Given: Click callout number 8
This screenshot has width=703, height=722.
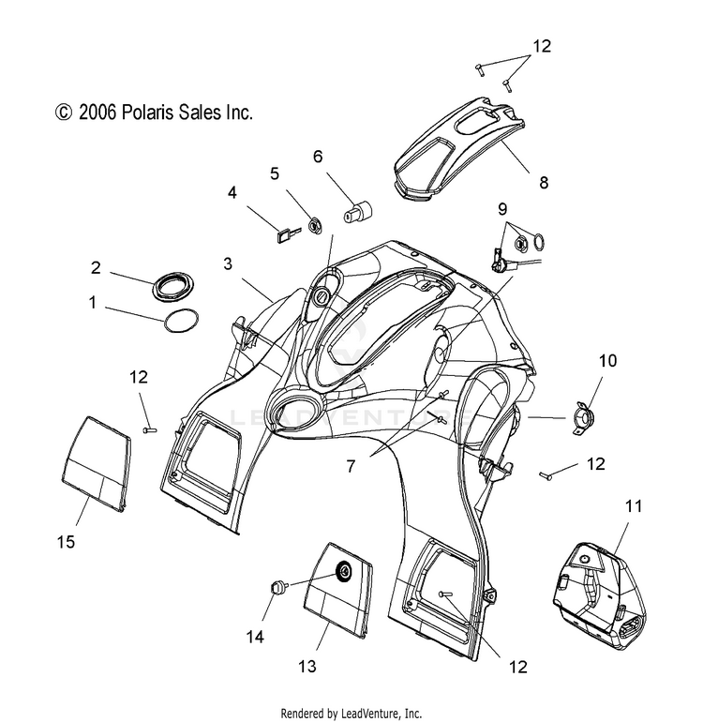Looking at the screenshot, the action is [x=544, y=182].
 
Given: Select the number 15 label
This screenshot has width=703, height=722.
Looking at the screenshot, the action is [x=66, y=542].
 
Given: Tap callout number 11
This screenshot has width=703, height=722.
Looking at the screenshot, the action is [x=634, y=506].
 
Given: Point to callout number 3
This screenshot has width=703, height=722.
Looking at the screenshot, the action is [x=228, y=263].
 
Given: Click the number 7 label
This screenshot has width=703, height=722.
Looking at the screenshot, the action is [x=351, y=466].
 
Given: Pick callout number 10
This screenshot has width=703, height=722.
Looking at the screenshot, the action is [x=607, y=361].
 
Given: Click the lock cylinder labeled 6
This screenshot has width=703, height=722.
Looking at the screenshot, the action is [x=359, y=212].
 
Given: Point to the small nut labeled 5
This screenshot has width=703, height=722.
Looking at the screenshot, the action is [x=314, y=226].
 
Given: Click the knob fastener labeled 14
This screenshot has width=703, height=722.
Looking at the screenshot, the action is [x=276, y=588].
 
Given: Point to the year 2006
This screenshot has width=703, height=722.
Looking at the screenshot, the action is [x=97, y=113].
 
